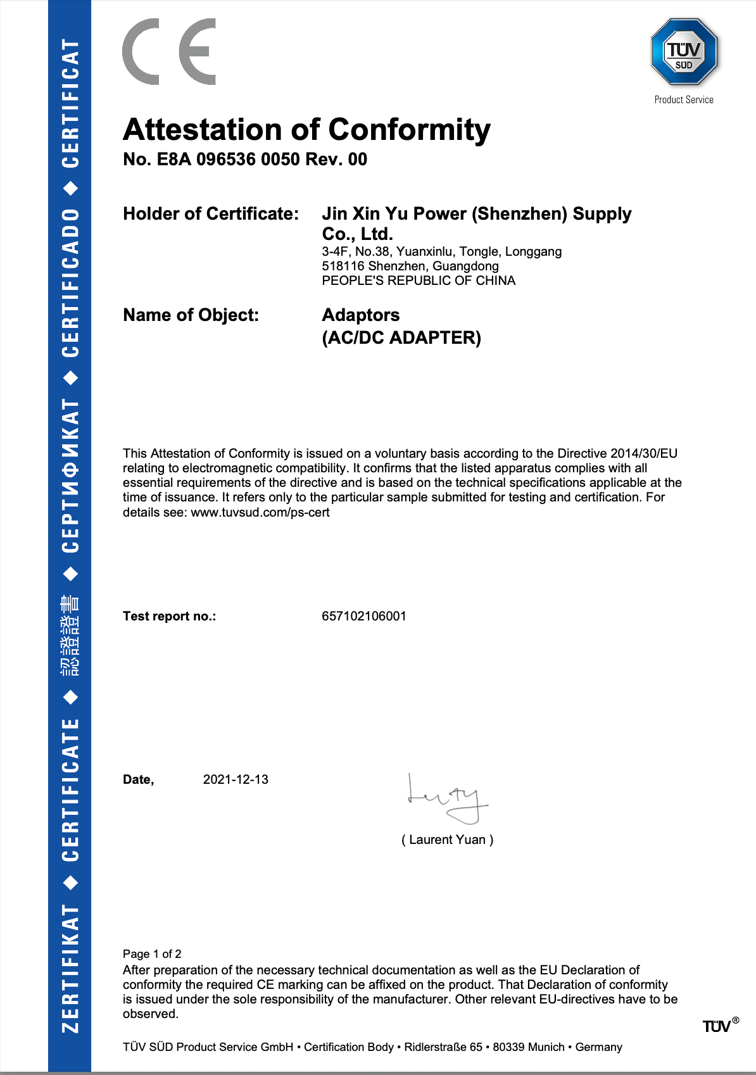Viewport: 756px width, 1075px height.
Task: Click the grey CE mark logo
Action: pos(169,52)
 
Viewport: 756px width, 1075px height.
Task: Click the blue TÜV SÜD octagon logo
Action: pos(684,52)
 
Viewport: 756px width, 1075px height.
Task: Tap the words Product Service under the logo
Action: pos(684,100)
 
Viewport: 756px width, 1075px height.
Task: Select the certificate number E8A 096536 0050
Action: pos(228,160)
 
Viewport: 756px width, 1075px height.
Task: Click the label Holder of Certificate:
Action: pos(211,214)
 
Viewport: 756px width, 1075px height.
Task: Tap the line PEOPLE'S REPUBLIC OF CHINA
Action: pos(419,281)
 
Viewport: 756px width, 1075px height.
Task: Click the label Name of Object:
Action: pos(191,315)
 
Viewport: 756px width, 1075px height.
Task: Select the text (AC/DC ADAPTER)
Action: pos(401,338)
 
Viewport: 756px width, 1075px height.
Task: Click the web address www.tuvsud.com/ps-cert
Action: pos(260,513)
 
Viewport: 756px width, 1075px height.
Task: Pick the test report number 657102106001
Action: pos(364,617)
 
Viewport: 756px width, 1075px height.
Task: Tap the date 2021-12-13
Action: pos(236,780)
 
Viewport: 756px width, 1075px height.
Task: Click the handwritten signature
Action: pos(447,799)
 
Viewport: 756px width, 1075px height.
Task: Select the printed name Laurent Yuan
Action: pos(447,840)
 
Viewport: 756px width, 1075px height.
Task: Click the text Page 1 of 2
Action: pos(152,954)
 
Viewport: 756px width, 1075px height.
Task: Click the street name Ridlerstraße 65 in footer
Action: pos(443,1047)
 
